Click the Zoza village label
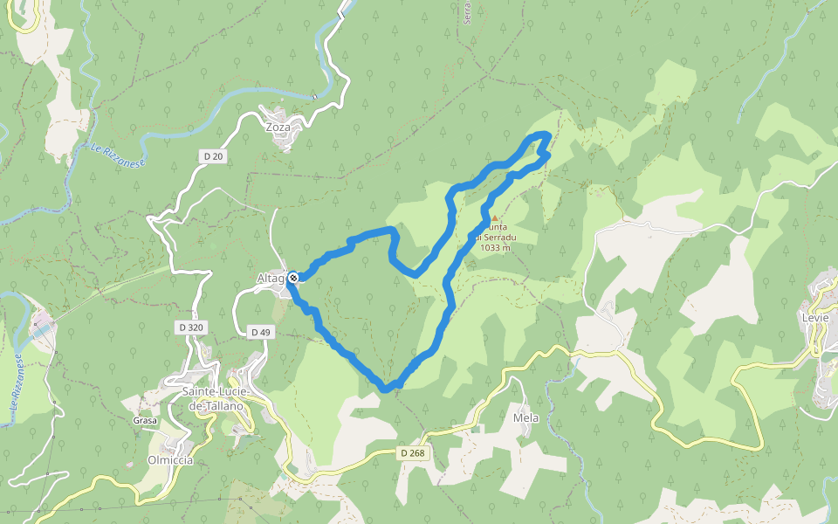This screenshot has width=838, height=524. coord(278,127)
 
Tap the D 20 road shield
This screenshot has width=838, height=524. coord(212,156)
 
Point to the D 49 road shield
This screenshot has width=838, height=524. coord(260,332)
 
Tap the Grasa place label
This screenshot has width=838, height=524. coord(144,421)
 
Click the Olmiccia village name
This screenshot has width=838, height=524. coord(170,460)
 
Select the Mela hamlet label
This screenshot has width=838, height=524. coord(525,418)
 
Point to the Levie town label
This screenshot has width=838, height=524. coord(814,317)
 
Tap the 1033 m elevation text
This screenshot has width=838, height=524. coord(495,247)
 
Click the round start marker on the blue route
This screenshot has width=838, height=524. coord(293,278)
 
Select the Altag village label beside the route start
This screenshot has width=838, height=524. coord(271,279)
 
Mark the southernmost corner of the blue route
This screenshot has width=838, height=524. coord(386,388)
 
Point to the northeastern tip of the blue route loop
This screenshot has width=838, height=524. coord(546,134)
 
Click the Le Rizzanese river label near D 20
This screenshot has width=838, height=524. coord(118,155)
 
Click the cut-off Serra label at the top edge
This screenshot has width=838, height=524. coord(468,12)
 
